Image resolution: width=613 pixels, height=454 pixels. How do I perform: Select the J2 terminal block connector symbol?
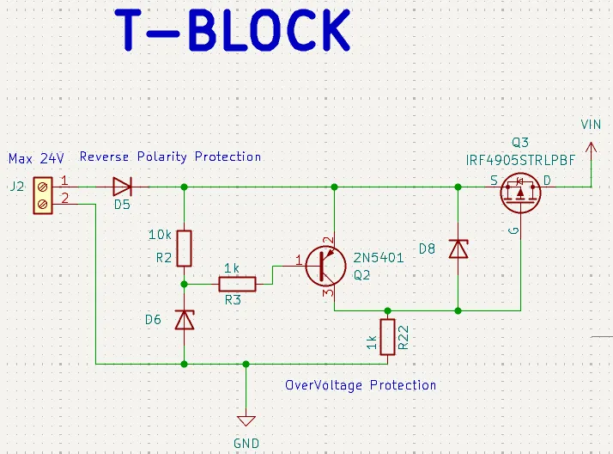[x=41, y=194]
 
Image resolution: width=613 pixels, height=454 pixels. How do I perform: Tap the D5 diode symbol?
[x=122, y=187]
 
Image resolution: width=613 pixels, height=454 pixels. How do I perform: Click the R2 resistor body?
[x=184, y=248]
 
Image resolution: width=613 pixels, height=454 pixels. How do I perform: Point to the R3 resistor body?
[x=237, y=284]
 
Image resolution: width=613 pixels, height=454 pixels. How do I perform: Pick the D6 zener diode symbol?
[x=184, y=321]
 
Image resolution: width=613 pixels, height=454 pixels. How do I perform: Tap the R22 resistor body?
[x=387, y=337]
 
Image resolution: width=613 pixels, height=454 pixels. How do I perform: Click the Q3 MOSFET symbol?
[x=521, y=192]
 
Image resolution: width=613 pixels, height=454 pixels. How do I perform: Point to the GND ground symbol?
[x=246, y=421]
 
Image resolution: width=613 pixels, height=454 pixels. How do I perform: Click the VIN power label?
[x=591, y=125]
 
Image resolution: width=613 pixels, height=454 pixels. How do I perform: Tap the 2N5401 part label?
[x=378, y=256]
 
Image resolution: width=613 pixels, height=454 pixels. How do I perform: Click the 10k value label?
[x=161, y=235]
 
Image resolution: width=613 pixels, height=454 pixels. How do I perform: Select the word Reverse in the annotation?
[x=105, y=156]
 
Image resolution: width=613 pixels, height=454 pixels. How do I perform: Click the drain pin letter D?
[x=547, y=181]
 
